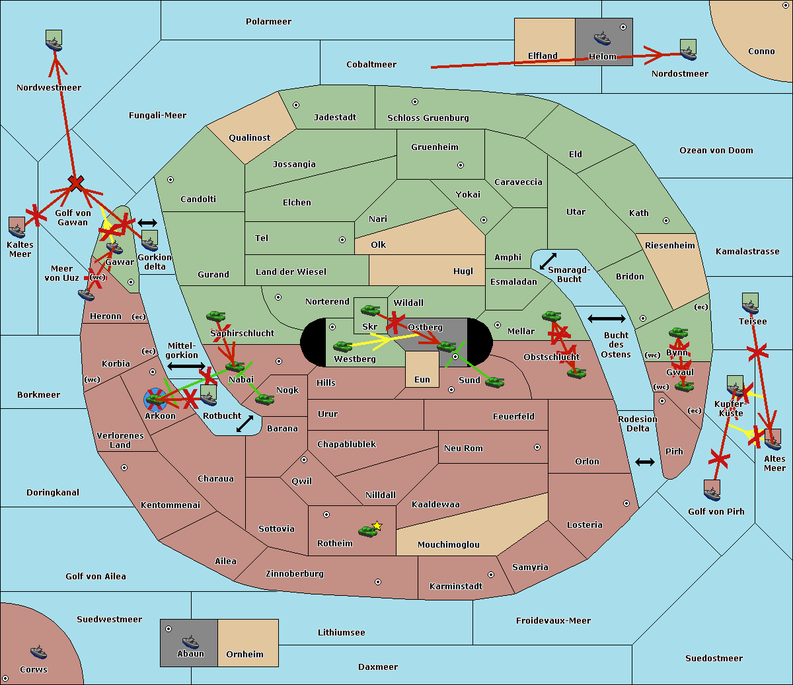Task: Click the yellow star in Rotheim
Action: tap(377, 526)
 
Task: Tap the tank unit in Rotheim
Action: tap(367, 530)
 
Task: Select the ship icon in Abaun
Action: tap(190, 641)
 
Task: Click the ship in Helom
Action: tap(602, 37)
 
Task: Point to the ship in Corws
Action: tap(38, 652)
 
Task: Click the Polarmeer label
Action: tap(268, 22)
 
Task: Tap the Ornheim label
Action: tap(245, 655)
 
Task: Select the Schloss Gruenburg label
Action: tap(428, 118)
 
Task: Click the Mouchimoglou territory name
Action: tap(448, 545)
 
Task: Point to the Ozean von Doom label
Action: tap(716, 151)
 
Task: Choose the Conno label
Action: tap(761, 52)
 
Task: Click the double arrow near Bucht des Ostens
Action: tap(606, 319)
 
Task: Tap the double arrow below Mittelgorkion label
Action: tap(186, 366)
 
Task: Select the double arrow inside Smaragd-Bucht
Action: tap(548, 262)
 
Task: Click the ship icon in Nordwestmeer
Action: tap(54, 41)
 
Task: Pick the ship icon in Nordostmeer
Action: tap(688, 50)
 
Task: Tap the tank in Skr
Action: tap(369, 309)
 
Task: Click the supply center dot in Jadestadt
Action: tap(296, 105)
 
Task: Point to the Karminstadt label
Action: tap(456, 587)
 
